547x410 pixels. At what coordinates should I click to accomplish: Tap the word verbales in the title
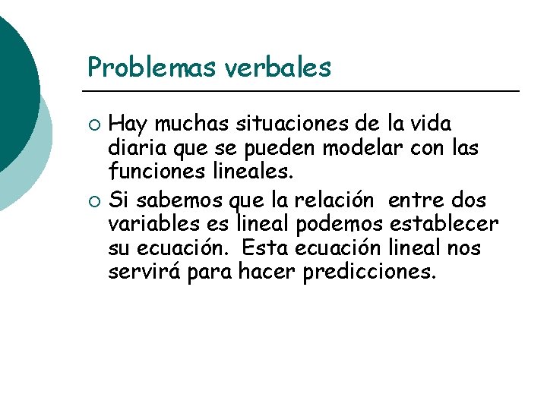point(279,68)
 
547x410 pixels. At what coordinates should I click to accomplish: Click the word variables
point(153,225)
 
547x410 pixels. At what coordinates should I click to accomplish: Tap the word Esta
point(264,249)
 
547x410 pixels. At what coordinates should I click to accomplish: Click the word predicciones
point(369,273)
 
